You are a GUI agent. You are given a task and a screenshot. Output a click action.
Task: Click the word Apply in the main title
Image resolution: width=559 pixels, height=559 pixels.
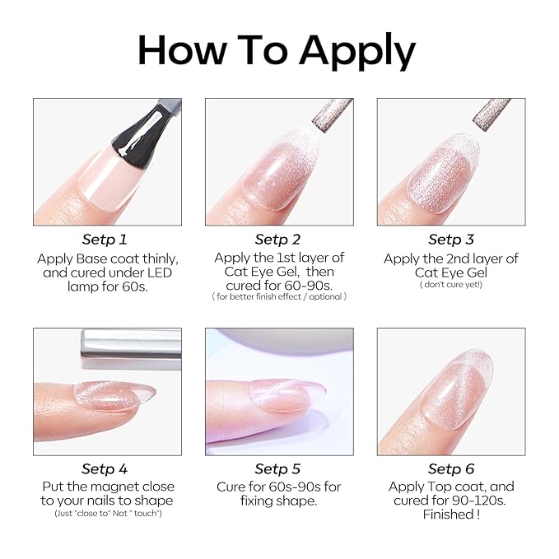click(357, 51)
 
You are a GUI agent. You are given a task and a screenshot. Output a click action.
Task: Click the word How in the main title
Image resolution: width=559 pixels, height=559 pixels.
click(182, 49)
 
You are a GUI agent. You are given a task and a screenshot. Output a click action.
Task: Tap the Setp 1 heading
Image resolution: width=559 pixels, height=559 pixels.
click(105, 240)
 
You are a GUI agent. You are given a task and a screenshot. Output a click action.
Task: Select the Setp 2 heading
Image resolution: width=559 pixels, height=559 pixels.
click(277, 240)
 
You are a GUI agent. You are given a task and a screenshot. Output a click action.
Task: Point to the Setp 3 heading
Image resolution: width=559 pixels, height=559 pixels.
click(451, 240)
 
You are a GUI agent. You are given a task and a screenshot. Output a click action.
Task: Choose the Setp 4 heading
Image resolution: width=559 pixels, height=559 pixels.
click(105, 469)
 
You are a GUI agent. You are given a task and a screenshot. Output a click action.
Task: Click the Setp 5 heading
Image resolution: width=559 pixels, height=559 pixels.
click(277, 469)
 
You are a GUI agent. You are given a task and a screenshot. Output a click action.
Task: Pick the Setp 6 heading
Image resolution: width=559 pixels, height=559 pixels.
click(451, 469)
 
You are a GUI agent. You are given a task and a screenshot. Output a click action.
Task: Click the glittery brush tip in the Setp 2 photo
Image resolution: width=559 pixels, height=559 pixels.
click(333, 114)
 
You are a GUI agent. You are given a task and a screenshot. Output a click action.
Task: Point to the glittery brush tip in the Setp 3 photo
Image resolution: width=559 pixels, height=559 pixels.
click(491, 114)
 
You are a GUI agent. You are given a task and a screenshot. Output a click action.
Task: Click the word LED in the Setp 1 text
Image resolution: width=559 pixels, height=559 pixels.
click(160, 273)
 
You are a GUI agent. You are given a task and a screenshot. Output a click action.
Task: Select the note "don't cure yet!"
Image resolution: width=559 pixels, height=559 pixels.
click(451, 285)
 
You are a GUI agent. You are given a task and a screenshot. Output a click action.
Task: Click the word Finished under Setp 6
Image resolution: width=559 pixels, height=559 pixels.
click(449, 515)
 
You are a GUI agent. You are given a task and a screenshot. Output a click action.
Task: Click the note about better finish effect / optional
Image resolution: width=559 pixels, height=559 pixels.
click(279, 296)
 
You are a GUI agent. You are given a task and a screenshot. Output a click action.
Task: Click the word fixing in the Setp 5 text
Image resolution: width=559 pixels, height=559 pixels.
click(257, 501)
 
